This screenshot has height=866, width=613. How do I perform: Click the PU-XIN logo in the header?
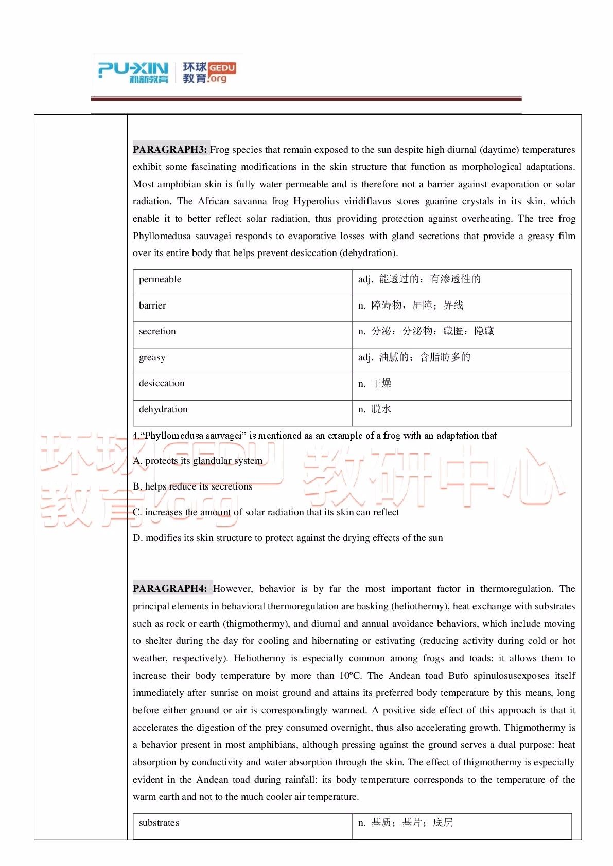[133, 73]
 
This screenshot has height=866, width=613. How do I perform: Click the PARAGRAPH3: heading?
[170, 150]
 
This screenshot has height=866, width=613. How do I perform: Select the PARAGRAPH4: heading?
[170, 589]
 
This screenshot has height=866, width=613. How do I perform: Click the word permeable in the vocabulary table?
[160, 279]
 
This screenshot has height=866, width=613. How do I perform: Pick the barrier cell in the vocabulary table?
[152, 305]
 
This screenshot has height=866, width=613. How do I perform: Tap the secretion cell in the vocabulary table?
[157, 331]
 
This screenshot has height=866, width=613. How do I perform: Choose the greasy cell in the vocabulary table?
[152, 357]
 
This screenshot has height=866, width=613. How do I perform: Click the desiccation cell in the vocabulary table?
[162, 383]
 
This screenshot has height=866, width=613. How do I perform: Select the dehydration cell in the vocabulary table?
[163, 409]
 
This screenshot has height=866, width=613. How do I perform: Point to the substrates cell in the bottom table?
[159, 823]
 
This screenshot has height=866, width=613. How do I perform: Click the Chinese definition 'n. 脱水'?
[375, 409]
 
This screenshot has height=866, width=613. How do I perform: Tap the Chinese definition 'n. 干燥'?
[375, 383]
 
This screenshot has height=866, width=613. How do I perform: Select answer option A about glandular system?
[198, 461]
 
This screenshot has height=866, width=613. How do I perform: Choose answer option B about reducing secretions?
[192, 486]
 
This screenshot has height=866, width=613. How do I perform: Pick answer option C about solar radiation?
[266, 512]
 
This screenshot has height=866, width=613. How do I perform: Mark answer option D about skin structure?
[288, 538]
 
